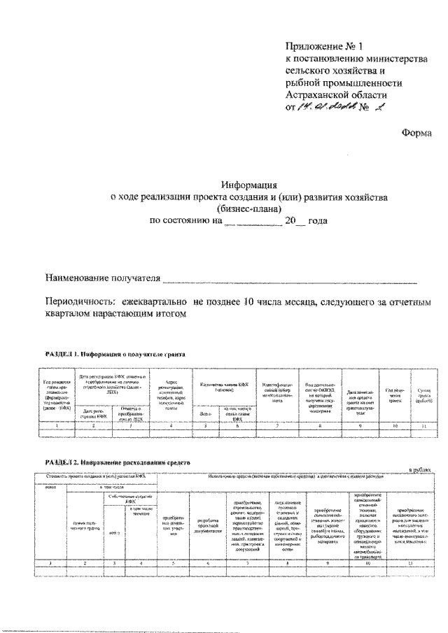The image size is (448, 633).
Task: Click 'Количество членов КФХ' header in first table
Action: [222, 382]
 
